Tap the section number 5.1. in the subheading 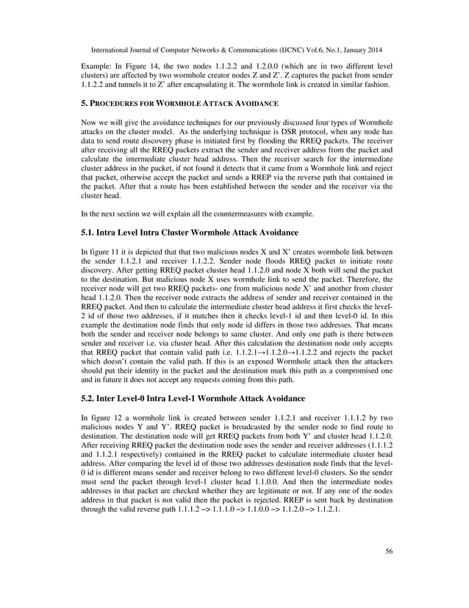pos(87,231)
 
